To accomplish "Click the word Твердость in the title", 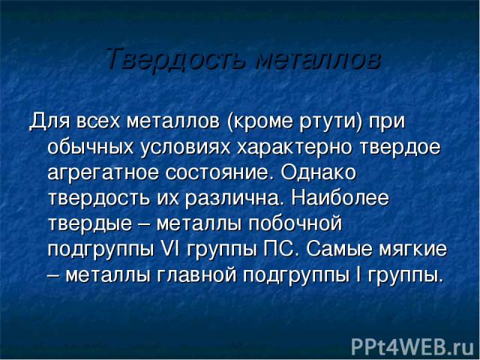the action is click(177, 58).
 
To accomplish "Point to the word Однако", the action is click(318, 172).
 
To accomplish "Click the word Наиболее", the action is click(340, 198).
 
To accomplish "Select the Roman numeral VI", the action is click(168, 250).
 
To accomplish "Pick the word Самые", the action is click(339, 250).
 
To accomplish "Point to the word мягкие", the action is click(413, 250).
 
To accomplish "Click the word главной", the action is click(196, 275).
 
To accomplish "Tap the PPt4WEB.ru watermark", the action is click(412, 347).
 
